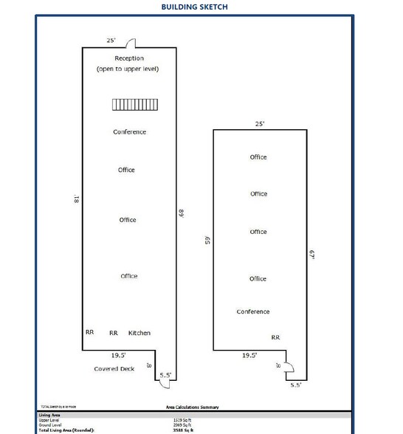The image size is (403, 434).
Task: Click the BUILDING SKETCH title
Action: click(195, 7)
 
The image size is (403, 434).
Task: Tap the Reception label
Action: click(128, 58)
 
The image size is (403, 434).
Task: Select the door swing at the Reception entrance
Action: click(130, 43)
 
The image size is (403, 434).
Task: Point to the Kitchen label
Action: click(139, 333)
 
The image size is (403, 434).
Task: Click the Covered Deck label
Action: click(114, 368)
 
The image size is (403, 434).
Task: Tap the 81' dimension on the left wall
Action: click(75, 199)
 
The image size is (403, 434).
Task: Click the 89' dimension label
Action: click(181, 213)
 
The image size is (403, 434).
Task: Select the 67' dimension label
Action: click(312, 254)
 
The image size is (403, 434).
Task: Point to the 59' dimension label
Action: click(208, 240)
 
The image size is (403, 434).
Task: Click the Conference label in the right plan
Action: click(253, 311)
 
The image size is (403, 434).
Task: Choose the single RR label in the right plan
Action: click(275, 337)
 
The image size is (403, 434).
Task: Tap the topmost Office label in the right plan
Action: click(258, 157)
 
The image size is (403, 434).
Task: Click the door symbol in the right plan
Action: click(290, 366)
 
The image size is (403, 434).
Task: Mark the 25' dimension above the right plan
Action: click(260, 124)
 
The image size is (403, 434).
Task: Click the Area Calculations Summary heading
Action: click(192, 407)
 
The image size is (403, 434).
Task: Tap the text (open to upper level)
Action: click(128, 69)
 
